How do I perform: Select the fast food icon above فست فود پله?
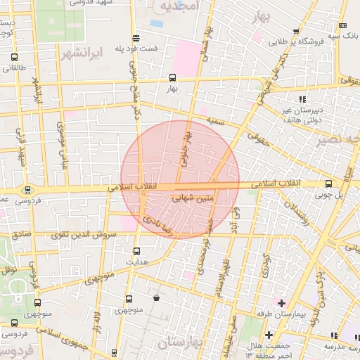coord(136,38)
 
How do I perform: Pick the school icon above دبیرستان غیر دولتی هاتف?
coord(302,99)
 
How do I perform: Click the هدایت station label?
coord(136,261)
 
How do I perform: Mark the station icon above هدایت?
coord(136,250)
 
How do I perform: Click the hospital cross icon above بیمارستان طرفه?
coord(282,303)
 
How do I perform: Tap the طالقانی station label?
coord(15,68)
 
